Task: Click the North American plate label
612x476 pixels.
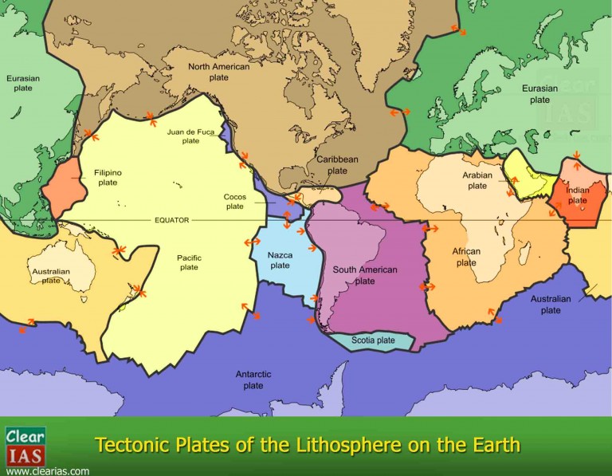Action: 218,72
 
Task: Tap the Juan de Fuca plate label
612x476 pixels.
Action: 189,136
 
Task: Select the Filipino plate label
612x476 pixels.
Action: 108,176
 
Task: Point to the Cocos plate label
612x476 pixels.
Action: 234,201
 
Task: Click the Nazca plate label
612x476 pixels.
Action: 279,260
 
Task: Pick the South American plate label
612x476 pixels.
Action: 365,275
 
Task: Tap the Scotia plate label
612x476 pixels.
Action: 373,340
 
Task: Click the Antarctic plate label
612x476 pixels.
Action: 253,380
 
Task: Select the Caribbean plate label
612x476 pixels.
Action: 337,164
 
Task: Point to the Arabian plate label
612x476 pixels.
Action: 477,180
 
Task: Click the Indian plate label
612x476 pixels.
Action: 578,195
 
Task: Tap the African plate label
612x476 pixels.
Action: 466,257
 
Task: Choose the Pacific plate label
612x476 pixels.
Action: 189,262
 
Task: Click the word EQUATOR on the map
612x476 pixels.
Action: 173,220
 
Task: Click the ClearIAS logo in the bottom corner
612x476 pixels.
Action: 25,446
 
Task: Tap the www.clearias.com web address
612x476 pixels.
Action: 48,470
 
